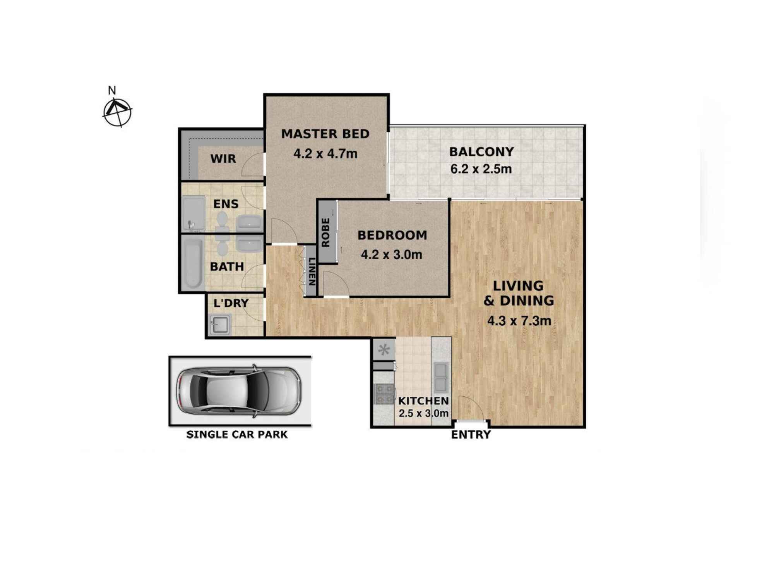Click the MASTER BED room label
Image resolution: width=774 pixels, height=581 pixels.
coord(325,134)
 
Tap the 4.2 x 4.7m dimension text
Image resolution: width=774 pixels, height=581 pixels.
coord(325,154)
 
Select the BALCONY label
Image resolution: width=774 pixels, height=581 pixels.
coord(481,151)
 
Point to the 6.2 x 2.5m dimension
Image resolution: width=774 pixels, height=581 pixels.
coord(481,169)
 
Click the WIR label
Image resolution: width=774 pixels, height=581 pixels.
coord(223,158)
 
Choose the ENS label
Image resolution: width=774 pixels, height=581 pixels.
coord(226,204)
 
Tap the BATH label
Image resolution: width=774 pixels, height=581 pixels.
coord(227,266)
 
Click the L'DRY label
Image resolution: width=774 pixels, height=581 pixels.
coord(231,303)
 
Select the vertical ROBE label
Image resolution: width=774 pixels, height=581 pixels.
coord(325,232)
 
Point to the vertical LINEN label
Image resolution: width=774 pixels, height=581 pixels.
coord(312,272)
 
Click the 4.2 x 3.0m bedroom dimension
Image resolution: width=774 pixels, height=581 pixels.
coord(391,254)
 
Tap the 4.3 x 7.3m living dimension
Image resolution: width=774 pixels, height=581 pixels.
coord(519,321)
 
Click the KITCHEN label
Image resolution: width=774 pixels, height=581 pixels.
coord(423,401)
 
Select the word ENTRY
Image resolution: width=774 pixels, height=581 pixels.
coord(471,435)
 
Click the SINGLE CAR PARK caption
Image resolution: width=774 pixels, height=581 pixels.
coord(237,434)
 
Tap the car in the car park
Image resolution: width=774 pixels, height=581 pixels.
coord(239,391)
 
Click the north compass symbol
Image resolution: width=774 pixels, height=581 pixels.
coord(117,112)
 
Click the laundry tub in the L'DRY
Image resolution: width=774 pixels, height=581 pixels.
coord(220,324)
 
